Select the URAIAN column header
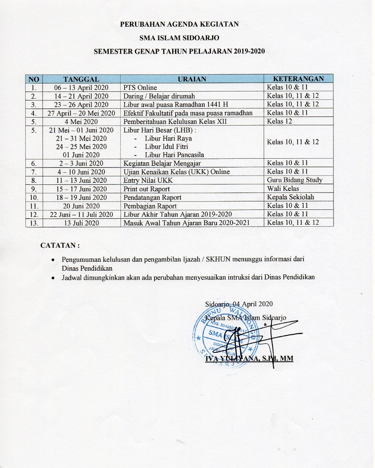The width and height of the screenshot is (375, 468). [x=192, y=79]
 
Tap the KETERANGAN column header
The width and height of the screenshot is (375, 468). [x=298, y=79]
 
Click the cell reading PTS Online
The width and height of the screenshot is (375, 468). [x=140, y=87]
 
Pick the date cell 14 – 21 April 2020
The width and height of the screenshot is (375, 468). [x=81, y=96]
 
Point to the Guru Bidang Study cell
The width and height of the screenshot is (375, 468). [x=294, y=180]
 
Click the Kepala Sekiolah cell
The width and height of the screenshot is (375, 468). [x=290, y=197]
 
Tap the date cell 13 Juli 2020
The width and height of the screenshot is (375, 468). [x=81, y=223]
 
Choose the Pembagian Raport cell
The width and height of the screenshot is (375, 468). [x=150, y=206]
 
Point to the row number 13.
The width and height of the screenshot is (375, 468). [x=34, y=223]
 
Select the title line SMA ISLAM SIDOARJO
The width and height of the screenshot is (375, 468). [x=179, y=38]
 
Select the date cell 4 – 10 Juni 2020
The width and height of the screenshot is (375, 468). [x=81, y=172]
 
